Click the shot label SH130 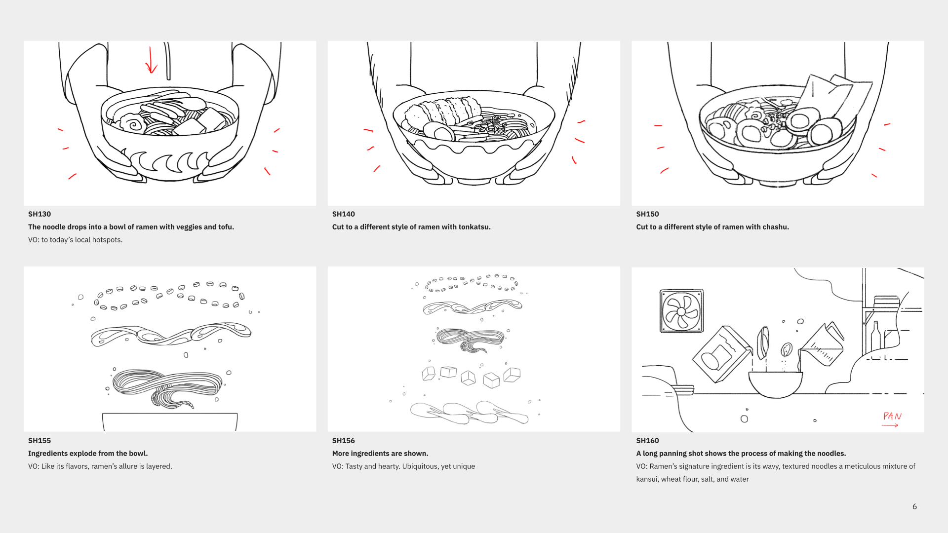click(39, 214)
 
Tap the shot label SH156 click(344, 440)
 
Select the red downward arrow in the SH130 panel click(151, 60)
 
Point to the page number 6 click(914, 506)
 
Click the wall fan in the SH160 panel click(681, 311)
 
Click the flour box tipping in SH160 click(722, 354)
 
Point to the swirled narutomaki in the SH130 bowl click(132, 123)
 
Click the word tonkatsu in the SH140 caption click(474, 227)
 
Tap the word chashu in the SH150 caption click(775, 227)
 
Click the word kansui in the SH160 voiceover click(647, 479)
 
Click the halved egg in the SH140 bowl click(438, 132)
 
